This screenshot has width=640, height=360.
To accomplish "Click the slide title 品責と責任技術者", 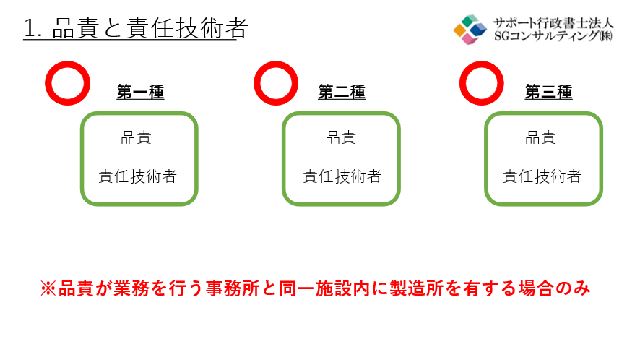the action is [150, 28].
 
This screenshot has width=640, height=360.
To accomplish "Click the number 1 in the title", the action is [30, 29].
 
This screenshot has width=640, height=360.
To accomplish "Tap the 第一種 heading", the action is [140, 92].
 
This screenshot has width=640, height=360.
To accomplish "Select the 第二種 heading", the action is [342, 92].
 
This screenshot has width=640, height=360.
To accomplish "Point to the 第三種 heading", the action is [548, 92].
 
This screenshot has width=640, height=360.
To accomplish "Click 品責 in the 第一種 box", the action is [137, 137].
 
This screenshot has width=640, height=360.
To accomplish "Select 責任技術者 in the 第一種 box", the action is [137, 176].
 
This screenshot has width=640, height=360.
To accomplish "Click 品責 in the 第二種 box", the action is [341, 137].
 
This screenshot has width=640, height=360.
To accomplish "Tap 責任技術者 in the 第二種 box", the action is [342, 176].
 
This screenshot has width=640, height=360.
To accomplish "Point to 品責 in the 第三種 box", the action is [540, 137].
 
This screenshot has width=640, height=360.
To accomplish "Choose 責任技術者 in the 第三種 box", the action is [542, 176].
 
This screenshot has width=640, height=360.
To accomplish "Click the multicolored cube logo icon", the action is [470, 30].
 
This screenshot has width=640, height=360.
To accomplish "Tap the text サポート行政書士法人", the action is [553, 23].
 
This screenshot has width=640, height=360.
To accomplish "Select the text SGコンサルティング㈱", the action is [553, 36].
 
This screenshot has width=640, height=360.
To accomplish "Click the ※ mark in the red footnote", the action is [48, 288].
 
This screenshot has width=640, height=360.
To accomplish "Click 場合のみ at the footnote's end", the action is [554, 288].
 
